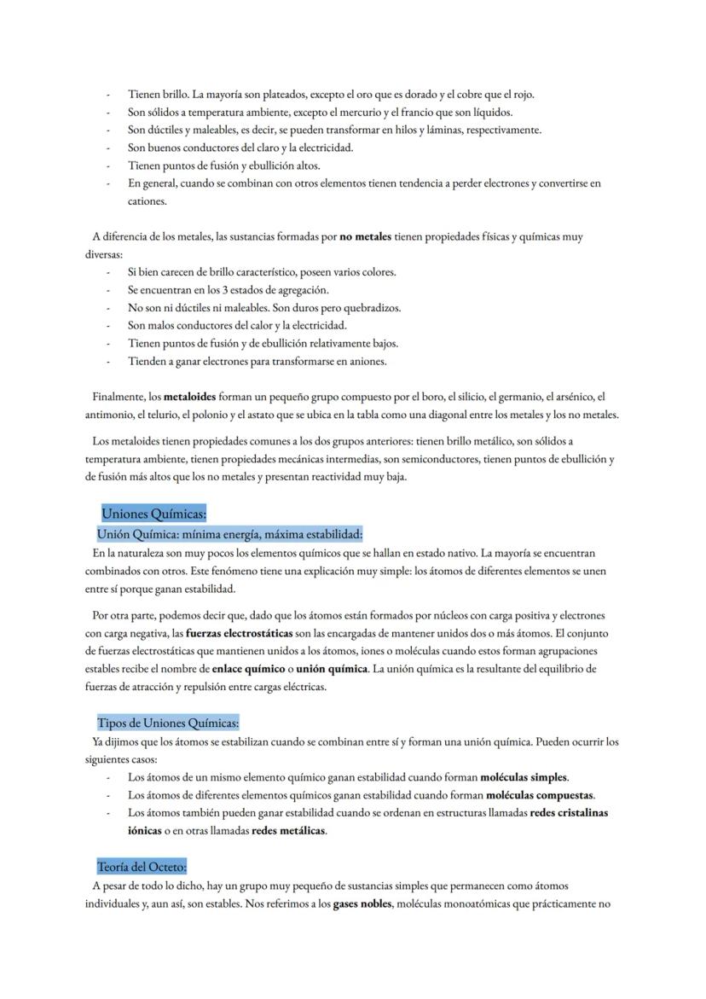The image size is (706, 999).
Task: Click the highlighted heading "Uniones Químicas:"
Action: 153,514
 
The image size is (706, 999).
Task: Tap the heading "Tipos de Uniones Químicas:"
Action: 167,723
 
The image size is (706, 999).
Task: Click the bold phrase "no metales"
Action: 365,236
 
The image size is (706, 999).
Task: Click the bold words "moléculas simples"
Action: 524,777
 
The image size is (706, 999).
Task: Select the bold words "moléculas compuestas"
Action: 540,795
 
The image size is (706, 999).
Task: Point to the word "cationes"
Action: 147,201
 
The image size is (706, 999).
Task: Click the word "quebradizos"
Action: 371,307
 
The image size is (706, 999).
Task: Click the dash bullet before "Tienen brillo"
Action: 107,95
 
